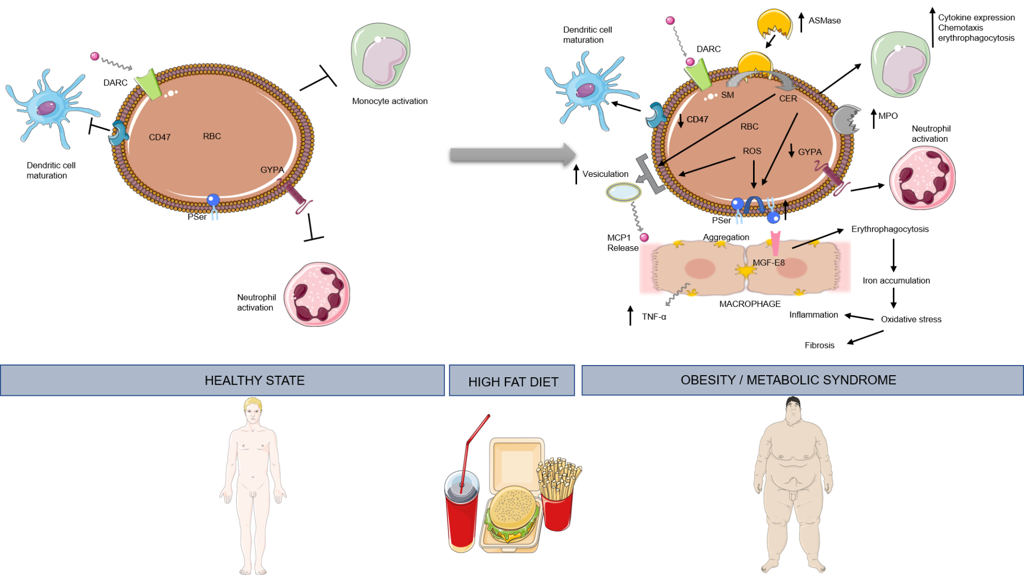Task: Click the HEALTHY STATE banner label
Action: tap(254, 380)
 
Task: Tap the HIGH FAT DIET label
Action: tap(513, 382)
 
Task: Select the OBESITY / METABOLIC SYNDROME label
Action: tap(788, 380)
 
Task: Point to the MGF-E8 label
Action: tap(769, 263)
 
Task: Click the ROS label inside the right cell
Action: tap(752, 151)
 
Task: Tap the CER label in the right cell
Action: tap(788, 99)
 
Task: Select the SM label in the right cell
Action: tap(727, 95)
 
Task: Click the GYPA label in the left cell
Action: tap(272, 170)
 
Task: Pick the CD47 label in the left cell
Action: tap(159, 137)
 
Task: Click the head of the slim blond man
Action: tap(253, 410)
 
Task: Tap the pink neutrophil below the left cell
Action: tap(317, 294)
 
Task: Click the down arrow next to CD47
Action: tap(681, 120)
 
